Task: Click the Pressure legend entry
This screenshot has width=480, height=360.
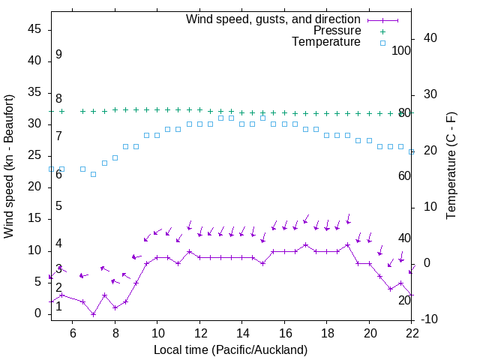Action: (x=337, y=31)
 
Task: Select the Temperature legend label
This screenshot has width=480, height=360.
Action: (x=326, y=42)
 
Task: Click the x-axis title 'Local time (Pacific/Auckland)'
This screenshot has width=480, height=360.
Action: (x=230, y=349)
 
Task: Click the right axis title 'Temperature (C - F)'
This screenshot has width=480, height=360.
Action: (x=451, y=166)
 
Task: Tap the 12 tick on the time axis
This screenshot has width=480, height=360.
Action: (x=200, y=331)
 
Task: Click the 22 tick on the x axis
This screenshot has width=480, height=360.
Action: (x=412, y=331)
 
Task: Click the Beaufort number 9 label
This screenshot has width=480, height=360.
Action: (x=58, y=55)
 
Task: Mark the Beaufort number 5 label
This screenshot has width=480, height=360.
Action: (x=58, y=206)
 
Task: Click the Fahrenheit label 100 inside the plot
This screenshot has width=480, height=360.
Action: (x=401, y=51)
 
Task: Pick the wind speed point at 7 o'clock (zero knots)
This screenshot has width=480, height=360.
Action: (x=94, y=314)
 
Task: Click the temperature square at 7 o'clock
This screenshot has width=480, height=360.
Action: (x=94, y=174)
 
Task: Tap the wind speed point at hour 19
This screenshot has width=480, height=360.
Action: (x=348, y=245)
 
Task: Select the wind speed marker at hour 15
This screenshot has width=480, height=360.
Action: (x=263, y=263)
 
